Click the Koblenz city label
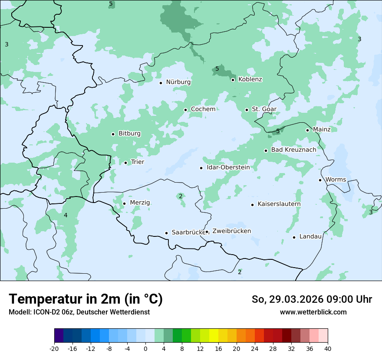(x=250, y=79)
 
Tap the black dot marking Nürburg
(x=161, y=82)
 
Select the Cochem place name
(x=203, y=109)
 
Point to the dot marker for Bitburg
(x=113, y=134)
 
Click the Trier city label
(x=137, y=162)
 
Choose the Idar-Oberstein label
(x=228, y=167)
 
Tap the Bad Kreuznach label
(x=293, y=150)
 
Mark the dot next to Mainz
(x=307, y=130)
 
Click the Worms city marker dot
(x=320, y=180)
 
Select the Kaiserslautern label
(x=279, y=204)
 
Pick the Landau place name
(x=310, y=237)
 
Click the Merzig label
(x=140, y=203)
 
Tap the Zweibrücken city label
(x=231, y=231)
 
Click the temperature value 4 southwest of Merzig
(x=66, y=216)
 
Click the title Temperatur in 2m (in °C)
(x=86, y=299)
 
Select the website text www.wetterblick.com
(x=313, y=312)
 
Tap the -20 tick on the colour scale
(x=54, y=348)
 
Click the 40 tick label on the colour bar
(x=328, y=348)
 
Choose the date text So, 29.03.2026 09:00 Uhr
(x=312, y=299)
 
